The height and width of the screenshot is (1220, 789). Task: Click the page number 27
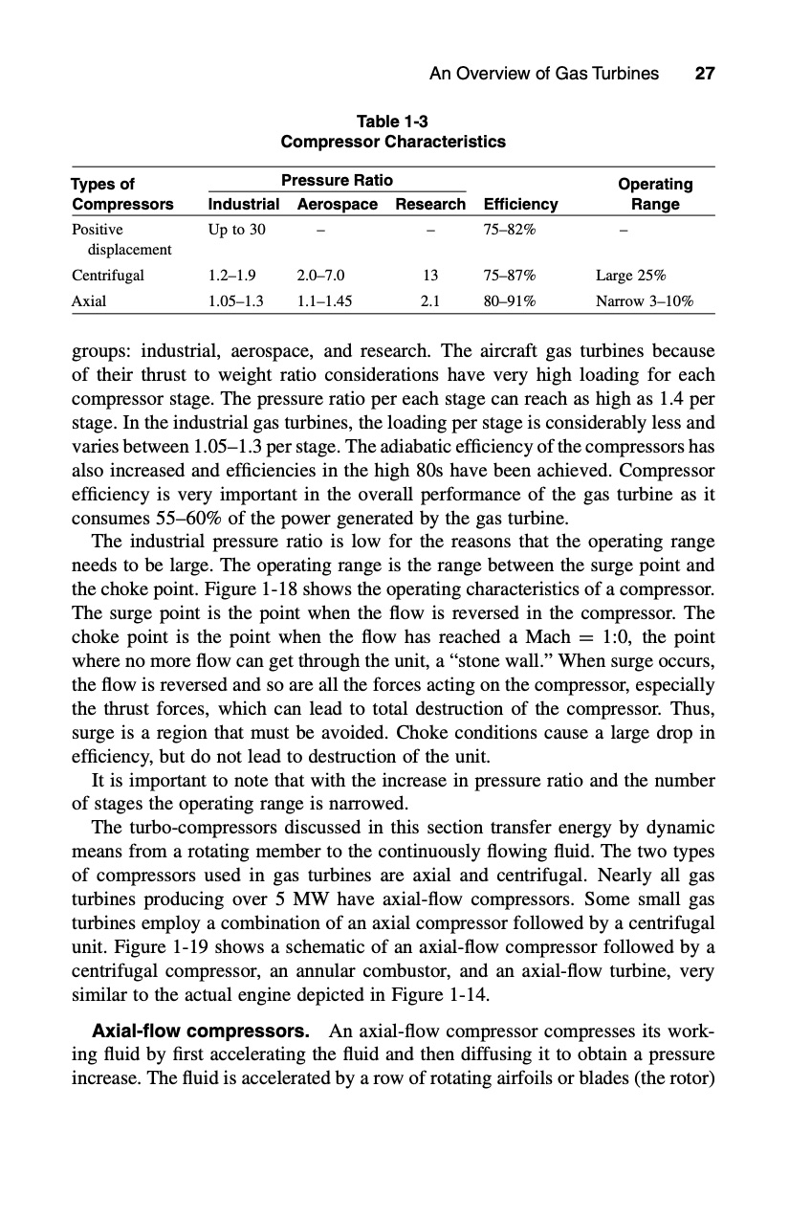705,74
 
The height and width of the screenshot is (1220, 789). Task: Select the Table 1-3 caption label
393,122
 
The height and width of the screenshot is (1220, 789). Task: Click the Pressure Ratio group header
337,180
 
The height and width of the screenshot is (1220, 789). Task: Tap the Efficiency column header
520,204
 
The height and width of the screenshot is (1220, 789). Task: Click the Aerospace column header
338,204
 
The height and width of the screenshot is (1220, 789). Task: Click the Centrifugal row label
108,276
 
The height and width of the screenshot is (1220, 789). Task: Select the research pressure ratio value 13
430,276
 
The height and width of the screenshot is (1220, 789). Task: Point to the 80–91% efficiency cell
511,299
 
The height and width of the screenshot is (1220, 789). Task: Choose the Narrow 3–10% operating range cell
644,299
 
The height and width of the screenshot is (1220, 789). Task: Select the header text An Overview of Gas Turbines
544,74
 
